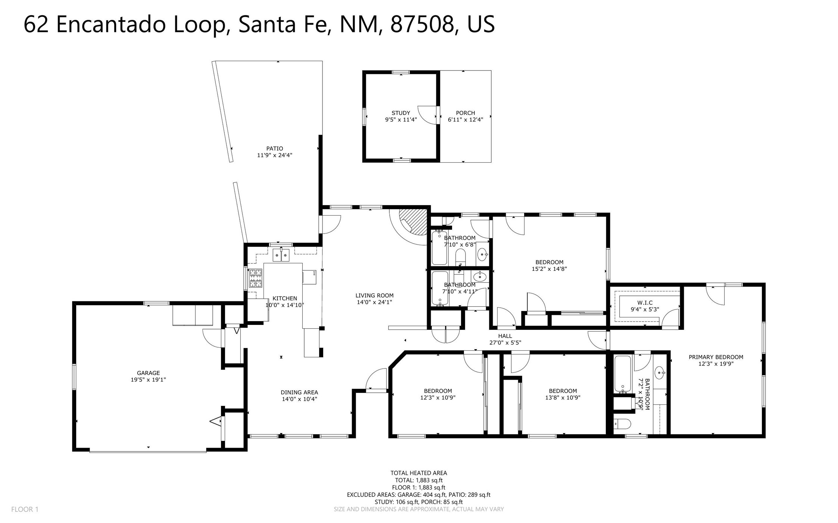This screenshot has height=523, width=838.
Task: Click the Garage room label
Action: (148, 373)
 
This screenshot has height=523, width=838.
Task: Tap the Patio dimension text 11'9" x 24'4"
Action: (274, 155)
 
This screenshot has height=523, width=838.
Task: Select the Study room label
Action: (401, 113)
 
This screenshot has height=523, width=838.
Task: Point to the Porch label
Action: (465, 113)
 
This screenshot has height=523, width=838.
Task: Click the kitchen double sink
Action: (281, 255)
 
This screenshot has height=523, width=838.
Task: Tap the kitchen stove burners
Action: (255, 278)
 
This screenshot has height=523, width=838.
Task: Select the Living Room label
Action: (374, 295)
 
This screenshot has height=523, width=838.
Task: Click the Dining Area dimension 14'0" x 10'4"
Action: (299, 399)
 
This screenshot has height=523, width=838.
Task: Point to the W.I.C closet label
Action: (645, 303)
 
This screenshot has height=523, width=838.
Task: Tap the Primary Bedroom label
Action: (716, 357)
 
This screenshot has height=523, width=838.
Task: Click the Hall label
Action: (505, 336)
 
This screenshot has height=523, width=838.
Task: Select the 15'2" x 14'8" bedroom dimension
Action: (549, 269)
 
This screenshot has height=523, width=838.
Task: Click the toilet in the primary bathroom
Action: (623, 424)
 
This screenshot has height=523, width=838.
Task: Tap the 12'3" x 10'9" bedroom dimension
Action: (438, 398)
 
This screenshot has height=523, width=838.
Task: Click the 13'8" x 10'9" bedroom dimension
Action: (563, 398)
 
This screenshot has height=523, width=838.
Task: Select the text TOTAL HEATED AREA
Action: (419, 473)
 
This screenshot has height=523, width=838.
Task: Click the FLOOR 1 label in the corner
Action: (25, 509)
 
